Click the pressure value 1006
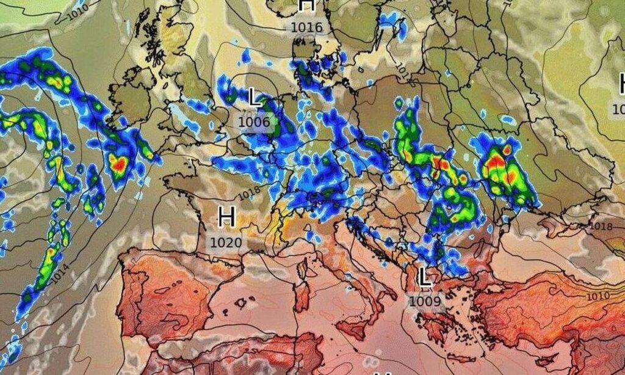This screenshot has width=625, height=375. coord(254,122)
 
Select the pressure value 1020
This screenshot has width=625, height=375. coord(226,242)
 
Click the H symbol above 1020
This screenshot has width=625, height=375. coord(226,217)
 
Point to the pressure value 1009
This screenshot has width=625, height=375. coord(425,301)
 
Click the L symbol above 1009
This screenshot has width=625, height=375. coord(425,278)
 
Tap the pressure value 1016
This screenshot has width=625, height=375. coord(306,27)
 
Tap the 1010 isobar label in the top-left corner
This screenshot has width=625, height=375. coord(78,9)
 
